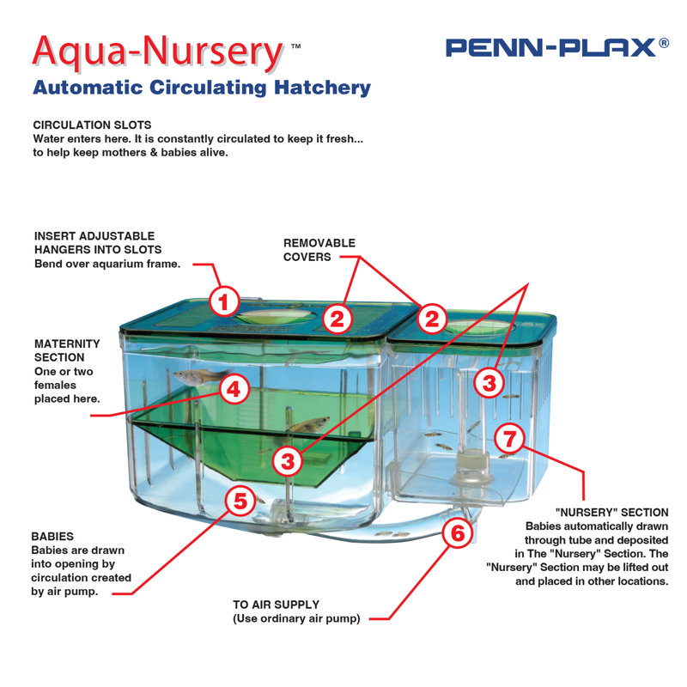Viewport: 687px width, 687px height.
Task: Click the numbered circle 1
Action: (x=224, y=301)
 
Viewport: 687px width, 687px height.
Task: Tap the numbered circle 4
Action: (x=234, y=390)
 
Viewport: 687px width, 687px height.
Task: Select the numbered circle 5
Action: (x=241, y=501)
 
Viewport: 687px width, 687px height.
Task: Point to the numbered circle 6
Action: (x=458, y=533)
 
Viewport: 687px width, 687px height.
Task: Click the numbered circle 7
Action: (x=509, y=439)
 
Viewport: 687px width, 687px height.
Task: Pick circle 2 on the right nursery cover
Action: (x=433, y=319)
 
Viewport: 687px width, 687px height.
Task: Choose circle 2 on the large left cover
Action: (x=338, y=319)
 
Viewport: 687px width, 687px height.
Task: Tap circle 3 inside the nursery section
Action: (x=489, y=381)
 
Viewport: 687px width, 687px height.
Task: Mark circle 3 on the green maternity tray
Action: (x=288, y=461)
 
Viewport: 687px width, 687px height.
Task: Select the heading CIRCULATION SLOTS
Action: (x=92, y=125)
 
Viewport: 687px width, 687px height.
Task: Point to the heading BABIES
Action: (x=52, y=536)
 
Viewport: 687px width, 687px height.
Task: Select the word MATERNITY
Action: (x=67, y=343)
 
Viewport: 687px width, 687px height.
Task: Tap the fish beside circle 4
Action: (x=192, y=376)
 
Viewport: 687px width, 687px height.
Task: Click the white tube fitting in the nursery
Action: (x=469, y=469)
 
